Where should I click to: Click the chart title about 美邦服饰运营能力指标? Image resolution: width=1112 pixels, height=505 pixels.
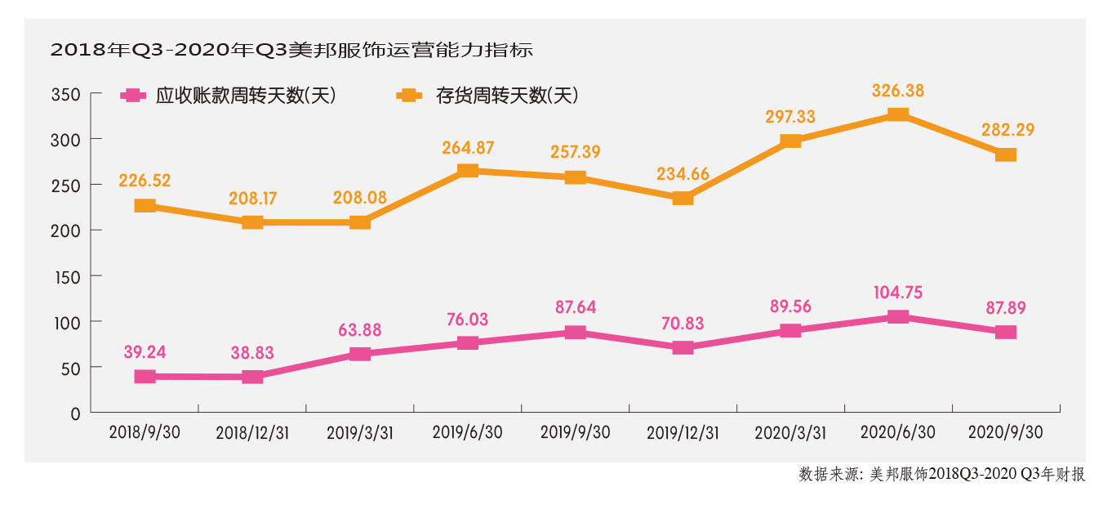click(291, 50)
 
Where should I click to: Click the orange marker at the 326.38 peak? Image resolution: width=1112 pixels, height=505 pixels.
click(898, 114)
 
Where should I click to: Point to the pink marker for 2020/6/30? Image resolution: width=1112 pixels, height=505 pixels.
click(898, 317)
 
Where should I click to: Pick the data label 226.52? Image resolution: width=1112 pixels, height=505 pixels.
click(145, 181)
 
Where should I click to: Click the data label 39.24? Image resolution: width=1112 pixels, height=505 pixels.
click(145, 351)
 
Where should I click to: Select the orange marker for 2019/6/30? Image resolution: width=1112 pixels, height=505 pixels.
click(468, 171)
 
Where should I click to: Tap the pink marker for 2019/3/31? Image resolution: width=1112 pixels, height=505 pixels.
click(360, 354)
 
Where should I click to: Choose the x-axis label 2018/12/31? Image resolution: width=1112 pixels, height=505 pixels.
click(252, 432)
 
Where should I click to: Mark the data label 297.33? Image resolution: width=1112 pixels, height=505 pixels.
click(790, 117)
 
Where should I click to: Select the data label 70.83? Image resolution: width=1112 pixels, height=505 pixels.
click(683, 323)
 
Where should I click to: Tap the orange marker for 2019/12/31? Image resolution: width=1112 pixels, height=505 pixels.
click(683, 198)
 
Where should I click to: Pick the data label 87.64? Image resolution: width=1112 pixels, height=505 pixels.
click(575, 308)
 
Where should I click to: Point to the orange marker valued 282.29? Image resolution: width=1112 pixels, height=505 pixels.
click(1006, 154)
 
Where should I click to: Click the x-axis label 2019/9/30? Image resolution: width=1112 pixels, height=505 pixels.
click(575, 432)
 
